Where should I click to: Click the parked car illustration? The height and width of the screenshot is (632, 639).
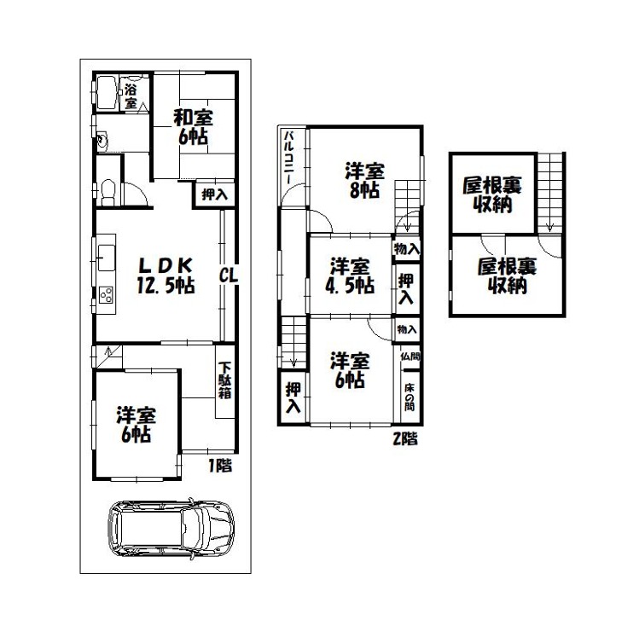tap(171, 529)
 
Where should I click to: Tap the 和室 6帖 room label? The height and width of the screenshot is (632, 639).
tap(193, 127)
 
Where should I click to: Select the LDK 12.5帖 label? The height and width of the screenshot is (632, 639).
tap(166, 275)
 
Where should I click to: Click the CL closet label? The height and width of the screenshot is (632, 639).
tap(229, 275)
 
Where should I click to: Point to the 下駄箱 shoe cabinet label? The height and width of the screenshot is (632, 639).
tap(225, 380)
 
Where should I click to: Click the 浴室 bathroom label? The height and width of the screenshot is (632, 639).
tap(131, 96)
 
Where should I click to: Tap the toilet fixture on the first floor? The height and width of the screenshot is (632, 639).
tap(108, 193)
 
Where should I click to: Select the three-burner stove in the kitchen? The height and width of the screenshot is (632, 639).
tap(107, 294)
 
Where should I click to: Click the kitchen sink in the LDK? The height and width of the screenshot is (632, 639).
tap(107, 258)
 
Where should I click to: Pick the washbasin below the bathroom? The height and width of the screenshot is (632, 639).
tap(102, 141)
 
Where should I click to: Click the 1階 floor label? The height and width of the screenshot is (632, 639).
tap(220, 466)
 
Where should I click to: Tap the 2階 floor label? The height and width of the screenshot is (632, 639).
tap(405, 438)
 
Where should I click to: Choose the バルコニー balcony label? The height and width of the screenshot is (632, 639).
tap(289, 157)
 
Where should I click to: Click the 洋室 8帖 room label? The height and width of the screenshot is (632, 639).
tap(364, 180)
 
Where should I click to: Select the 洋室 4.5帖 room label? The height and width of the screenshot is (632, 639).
tap(350, 275)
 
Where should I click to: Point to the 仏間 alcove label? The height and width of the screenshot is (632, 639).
tap(410, 357)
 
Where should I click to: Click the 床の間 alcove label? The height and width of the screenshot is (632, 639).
tap(410, 397)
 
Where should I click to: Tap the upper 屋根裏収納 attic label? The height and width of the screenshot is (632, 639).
tap(492, 194)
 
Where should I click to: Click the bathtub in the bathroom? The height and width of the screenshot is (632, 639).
tap(106, 92)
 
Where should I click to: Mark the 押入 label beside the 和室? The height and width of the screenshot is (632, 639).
tap(215, 194)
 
